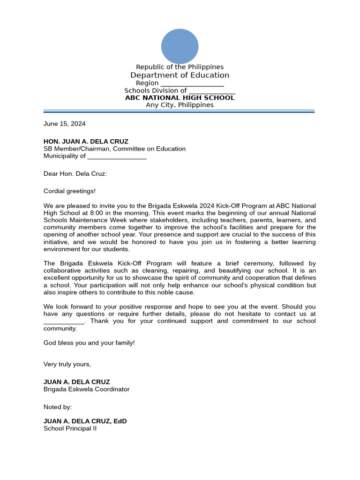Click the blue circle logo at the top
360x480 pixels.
(180, 46)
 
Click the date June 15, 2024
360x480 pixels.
(65, 124)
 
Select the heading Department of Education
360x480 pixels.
(180, 75)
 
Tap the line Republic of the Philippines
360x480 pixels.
(180, 67)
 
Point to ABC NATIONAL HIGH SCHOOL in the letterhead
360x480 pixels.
(180, 97)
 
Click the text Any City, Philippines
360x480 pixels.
(180, 105)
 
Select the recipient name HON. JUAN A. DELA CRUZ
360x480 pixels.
(86, 141)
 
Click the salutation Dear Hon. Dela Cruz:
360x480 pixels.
(75, 173)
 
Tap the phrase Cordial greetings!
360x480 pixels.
(69, 191)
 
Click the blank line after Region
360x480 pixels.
(192, 84)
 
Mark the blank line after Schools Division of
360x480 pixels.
(212, 91)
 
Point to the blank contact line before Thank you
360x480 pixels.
(64, 322)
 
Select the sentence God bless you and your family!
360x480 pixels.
(89, 343)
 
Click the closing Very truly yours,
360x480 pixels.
(67, 364)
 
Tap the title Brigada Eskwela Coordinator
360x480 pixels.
(86, 389)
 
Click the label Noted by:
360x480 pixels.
(58, 407)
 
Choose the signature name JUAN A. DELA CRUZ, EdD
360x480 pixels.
(85, 421)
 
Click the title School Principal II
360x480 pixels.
(70, 428)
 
